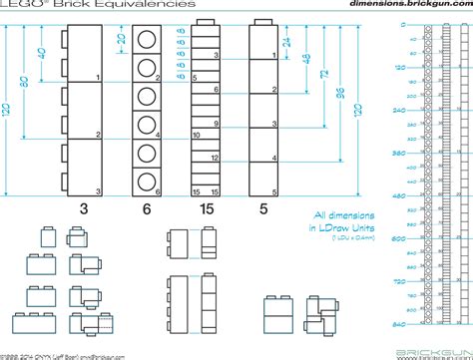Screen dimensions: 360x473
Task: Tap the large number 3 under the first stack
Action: [84, 208]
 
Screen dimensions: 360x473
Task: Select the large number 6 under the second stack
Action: [148, 208]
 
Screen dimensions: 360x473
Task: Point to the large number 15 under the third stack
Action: [205, 208]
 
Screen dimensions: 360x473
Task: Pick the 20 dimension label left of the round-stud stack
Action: [121, 40]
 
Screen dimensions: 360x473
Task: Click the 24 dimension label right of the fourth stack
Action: [285, 42]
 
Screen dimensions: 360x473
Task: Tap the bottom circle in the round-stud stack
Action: [148, 181]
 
